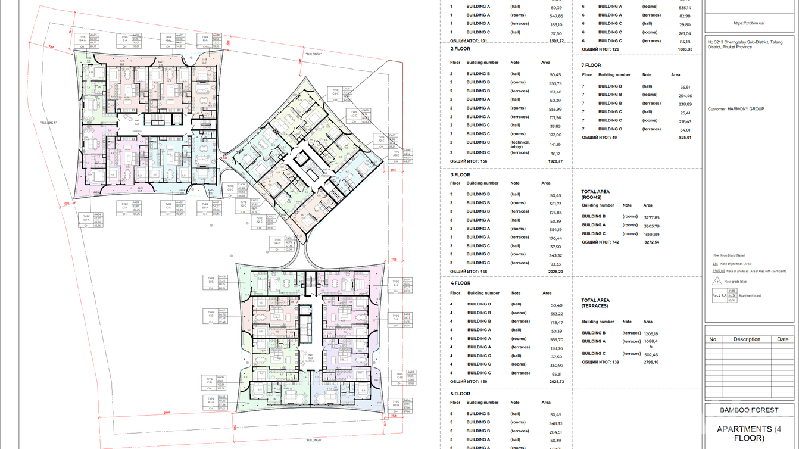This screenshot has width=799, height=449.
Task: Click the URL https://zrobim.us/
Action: click(x=749, y=23)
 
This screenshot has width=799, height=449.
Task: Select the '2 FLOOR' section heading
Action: click(x=460, y=49)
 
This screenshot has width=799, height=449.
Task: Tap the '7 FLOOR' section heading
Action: click(x=591, y=65)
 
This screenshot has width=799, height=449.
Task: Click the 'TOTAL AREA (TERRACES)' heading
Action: click(x=595, y=303)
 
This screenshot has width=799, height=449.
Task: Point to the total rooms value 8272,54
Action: click(x=648, y=242)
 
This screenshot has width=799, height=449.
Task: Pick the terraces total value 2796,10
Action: click(x=648, y=362)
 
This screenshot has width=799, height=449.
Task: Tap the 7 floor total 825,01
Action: click(x=685, y=138)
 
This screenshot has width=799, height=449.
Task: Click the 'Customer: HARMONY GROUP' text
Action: click(x=736, y=109)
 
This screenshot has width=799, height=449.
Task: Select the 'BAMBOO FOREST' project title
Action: click(x=749, y=410)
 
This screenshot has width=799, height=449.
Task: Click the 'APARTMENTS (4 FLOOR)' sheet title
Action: click(x=749, y=434)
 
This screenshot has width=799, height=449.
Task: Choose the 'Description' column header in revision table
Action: click(x=747, y=339)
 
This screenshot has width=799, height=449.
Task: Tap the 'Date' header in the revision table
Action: click(x=783, y=339)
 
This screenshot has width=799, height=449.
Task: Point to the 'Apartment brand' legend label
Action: click(x=751, y=295)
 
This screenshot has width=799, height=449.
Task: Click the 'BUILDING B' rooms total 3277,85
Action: click(x=651, y=218)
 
